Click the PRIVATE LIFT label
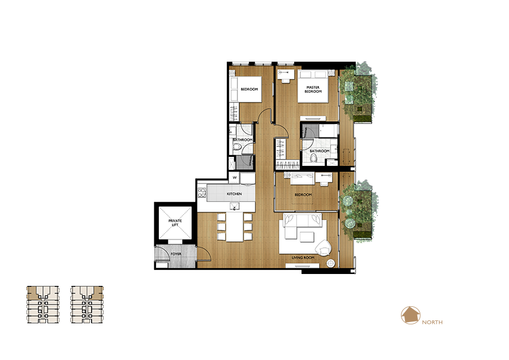click(175, 222)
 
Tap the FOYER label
click(176, 254)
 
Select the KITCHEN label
click(234, 194)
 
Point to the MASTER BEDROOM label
click(313, 89)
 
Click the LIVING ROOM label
click(303, 258)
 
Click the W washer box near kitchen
click(234, 178)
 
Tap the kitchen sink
click(234, 206)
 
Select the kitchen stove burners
click(201, 193)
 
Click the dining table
click(234, 227)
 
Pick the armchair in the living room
click(323, 248)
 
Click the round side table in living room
click(331, 263)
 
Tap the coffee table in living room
click(307, 237)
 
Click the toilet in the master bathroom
click(313, 158)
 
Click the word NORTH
click(432, 322)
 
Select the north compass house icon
click(411, 315)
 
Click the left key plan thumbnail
click(43, 305)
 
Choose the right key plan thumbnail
click(87, 305)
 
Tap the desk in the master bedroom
click(286, 76)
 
